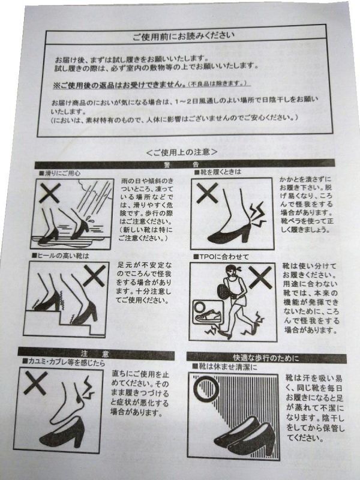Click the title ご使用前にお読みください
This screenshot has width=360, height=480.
pos(184,36)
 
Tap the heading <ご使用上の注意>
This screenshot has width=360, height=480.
pos(182,152)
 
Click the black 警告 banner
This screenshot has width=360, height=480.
pos(185,164)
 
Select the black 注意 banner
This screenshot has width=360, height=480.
pos(96,354)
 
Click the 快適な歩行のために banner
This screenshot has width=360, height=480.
pos(266,358)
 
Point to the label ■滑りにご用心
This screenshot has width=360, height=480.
pos(60,173)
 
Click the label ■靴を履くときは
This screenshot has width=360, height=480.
pos(218,172)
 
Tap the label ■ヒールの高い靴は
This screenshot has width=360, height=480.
pos(61,256)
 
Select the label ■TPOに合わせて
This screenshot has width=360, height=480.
pos(221,257)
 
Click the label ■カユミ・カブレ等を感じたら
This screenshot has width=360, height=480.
pos(64,362)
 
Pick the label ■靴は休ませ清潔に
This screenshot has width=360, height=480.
pos(224,366)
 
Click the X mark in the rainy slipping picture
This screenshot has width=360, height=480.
pos(50,193)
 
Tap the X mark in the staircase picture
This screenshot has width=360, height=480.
pos(94,276)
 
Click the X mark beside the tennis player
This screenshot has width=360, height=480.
pos(260,277)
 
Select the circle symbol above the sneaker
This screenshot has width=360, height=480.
pos(200,307)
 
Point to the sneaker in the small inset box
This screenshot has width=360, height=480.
pos(208,316)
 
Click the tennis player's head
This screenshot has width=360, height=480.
pos(232,272)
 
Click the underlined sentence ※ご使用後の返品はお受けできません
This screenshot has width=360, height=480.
pos(119,85)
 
